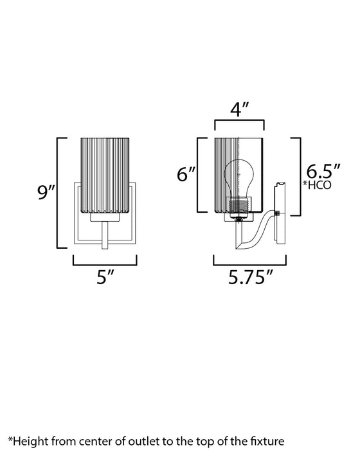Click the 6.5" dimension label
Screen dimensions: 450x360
coord(323,172)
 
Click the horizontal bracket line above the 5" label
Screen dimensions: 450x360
coord(104,264)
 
